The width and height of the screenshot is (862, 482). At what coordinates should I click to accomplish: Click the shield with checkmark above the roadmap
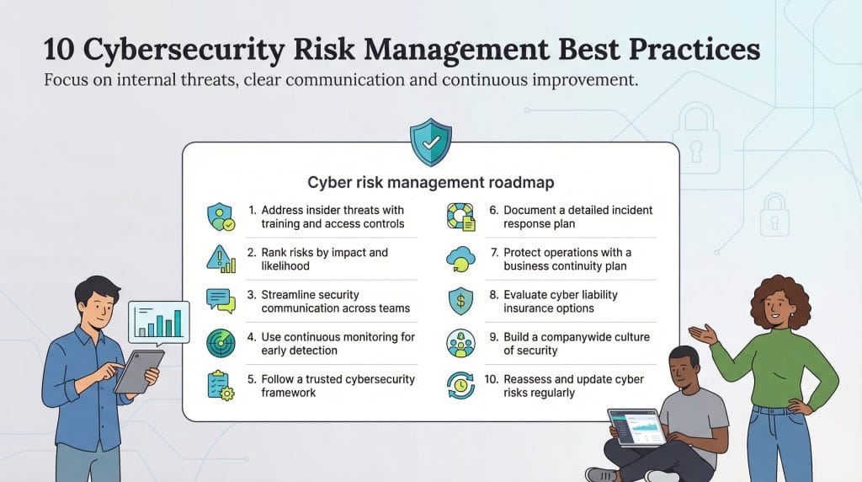point(430,142)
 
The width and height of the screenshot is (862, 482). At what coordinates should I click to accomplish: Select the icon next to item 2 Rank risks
point(221,259)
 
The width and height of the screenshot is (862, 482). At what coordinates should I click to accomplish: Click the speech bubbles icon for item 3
point(221,301)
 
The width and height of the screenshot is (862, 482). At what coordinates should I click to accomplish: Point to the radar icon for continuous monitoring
point(221,343)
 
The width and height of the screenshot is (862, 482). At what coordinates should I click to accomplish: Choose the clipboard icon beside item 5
point(221,385)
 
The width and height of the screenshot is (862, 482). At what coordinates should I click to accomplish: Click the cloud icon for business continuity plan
point(460,259)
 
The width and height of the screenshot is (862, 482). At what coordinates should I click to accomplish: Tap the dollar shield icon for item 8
point(460,301)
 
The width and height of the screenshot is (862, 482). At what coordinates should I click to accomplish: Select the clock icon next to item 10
point(460,385)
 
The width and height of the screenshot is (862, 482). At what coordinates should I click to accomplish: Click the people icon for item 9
point(460,343)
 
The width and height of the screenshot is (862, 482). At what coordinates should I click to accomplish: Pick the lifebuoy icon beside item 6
point(460,217)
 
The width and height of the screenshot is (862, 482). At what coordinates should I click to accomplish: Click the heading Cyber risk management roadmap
point(430,182)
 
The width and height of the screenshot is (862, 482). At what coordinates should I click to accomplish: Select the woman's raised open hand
point(700,333)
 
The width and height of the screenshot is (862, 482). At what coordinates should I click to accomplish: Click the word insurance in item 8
point(529,308)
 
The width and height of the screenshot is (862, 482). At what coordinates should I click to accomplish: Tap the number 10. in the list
point(491,379)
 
